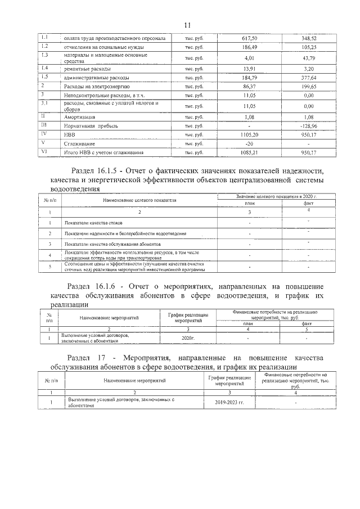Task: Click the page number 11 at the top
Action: point(187,25)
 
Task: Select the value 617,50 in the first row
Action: point(249,38)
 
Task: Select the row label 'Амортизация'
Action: point(78,117)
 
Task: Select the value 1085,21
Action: point(249,153)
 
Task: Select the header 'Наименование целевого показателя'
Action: point(139,200)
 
